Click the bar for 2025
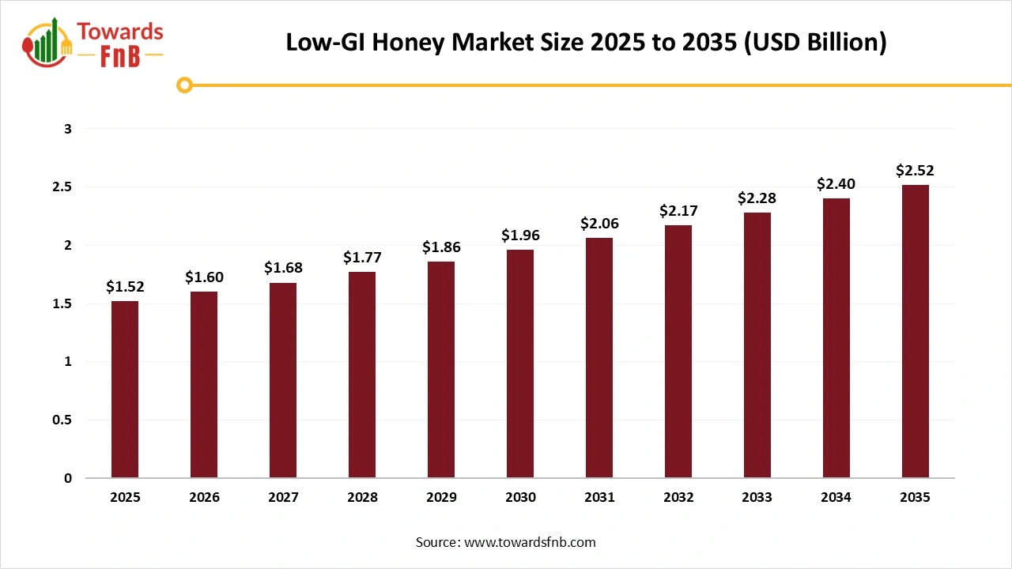(x=125, y=389)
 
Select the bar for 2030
(x=520, y=364)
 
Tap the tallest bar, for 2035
(x=916, y=331)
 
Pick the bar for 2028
(x=362, y=375)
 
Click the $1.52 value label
(x=125, y=287)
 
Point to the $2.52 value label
(x=916, y=170)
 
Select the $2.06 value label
(x=599, y=224)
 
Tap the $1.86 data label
(x=441, y=247)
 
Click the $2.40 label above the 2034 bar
(x=836, y=184)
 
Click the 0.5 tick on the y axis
(x=62, y=420)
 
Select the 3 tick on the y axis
(x=68, y=129)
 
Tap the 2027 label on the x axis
(x=283, y=498)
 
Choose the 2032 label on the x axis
(x=678, y=498)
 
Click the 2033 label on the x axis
(x=757, y=498)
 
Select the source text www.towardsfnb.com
(x=529, y=542)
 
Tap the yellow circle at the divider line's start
(x=184, y=85)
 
